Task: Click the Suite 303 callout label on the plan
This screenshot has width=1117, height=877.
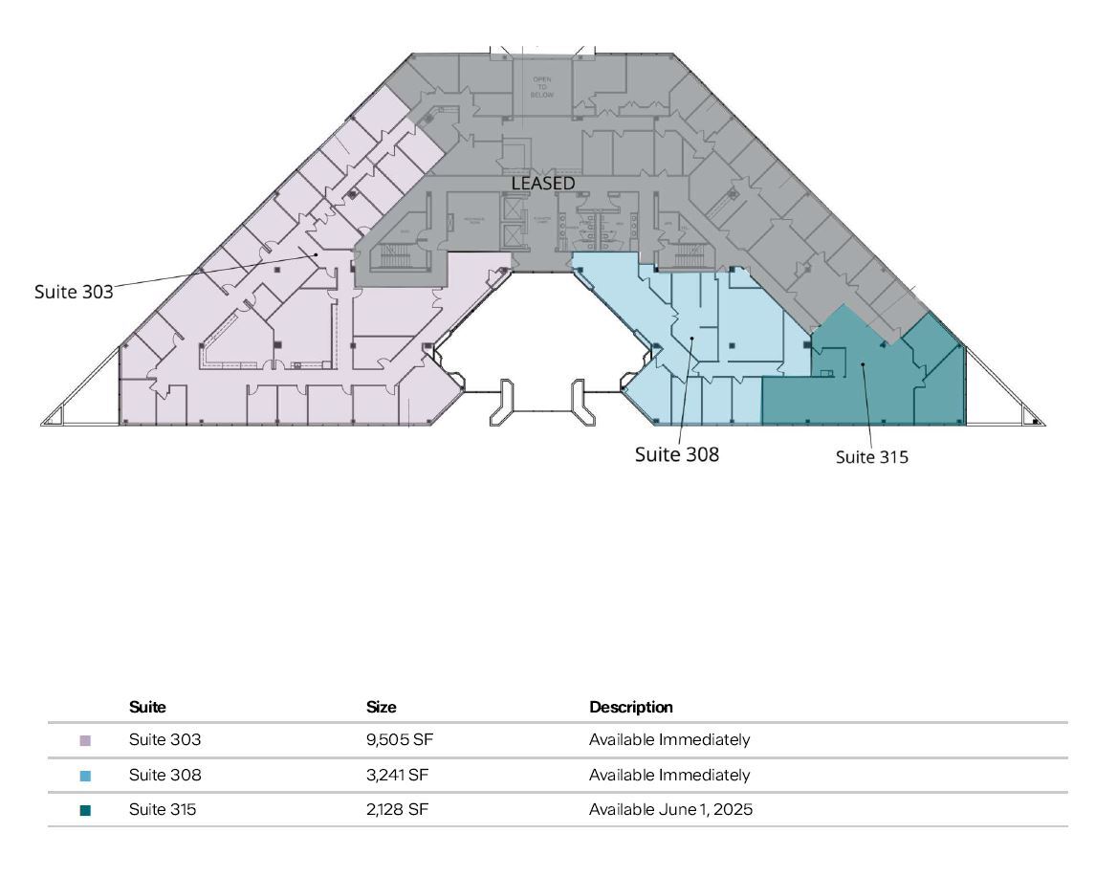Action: (x=74, y=292)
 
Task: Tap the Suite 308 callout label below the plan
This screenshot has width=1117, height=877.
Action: (x=676, y=454)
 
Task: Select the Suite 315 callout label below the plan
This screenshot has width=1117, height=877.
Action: (x=871, y=457)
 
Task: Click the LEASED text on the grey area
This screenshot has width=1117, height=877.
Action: (x=543, y=183)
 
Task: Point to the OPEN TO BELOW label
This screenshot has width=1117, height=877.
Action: (x=542, y=87)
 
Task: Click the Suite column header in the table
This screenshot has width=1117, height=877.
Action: (x=147, y=708)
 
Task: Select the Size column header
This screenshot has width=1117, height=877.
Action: (x=382, y=708)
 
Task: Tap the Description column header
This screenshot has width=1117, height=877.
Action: (x=631, y=708)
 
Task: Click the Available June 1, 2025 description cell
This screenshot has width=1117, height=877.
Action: (x=670, y=809)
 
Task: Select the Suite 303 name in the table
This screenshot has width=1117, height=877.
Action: (x=164, y=739)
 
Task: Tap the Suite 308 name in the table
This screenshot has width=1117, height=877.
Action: (x=164, y=775)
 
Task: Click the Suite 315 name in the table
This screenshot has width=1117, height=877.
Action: (x=163, y=809)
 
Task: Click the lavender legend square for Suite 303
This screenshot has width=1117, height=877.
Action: (x=85, y=740)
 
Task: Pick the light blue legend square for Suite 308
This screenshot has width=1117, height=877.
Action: (x=85, y=776)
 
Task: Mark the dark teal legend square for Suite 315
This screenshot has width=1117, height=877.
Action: (x=85, y=810)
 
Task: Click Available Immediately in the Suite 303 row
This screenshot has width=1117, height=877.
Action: (x=669, y=739)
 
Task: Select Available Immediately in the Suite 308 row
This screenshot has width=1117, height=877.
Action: (x=669, y=775)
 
